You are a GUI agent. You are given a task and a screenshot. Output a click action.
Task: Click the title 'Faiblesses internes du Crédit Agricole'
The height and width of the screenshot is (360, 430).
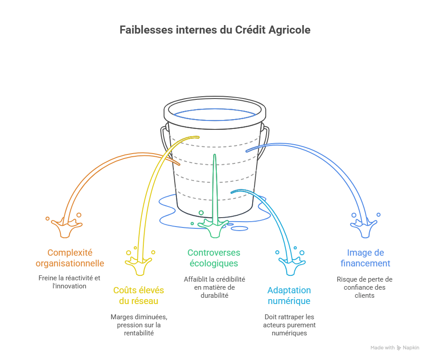pos(215,30)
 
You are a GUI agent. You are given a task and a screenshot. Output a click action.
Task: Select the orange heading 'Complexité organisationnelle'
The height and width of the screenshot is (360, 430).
pos(70,257)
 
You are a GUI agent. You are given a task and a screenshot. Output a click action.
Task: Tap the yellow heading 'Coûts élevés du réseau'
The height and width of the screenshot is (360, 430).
pos(138,296)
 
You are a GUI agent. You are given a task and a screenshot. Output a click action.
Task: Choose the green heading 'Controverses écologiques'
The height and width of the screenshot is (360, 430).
pos(214,258)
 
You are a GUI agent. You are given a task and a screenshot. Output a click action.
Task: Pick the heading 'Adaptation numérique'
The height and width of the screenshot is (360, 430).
pos(289,296)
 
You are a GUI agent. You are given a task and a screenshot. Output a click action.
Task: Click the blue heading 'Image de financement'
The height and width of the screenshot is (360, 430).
pos(365,258)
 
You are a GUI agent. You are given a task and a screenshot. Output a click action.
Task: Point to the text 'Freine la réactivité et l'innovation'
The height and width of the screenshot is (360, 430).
pos(69,282)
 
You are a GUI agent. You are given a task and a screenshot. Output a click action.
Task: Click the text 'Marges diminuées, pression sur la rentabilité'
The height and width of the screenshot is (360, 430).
pos(138,325)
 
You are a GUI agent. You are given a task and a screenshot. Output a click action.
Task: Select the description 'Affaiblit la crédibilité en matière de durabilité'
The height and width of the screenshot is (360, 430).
pos(214,287)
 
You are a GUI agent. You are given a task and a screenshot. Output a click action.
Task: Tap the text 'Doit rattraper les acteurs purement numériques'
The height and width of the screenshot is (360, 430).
pos(289,325)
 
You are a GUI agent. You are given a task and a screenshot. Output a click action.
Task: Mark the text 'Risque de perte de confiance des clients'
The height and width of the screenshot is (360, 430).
pos(365,287)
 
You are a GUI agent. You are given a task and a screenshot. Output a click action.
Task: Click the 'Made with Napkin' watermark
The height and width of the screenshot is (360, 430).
pos(395,347)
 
